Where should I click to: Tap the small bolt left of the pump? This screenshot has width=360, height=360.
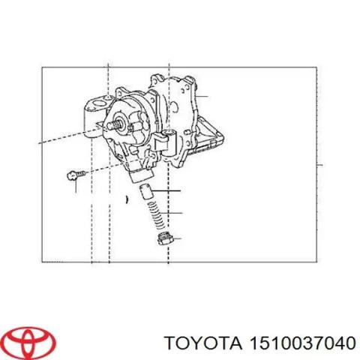(73, 175)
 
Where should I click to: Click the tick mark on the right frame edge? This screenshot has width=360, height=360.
(319, 165)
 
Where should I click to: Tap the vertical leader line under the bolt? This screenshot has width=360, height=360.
(76, 185)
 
